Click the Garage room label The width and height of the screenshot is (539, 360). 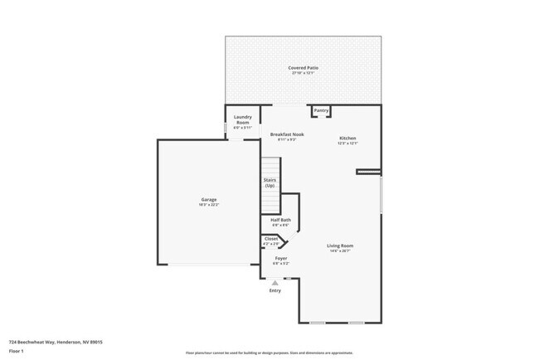[x=208, y=199]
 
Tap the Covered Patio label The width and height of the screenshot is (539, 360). [x=303, y=68]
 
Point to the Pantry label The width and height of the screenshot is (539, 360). [x=321, y=110]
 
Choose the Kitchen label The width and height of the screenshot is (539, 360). [x=347, y=138]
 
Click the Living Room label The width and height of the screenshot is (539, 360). [x=340, y=246]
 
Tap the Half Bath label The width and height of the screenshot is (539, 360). [x=280, y=220]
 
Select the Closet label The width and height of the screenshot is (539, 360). [x=271, y=239]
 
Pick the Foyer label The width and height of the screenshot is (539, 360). [x=281, y=258]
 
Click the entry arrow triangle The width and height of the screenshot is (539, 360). [x=274, y=282]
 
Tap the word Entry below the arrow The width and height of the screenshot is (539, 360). [x=274, y=290]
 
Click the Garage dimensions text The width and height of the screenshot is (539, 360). [x=208, y=204]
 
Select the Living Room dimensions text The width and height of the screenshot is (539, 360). [x=340, y=251]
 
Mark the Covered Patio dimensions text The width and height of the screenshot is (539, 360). [x=303, y=73]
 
